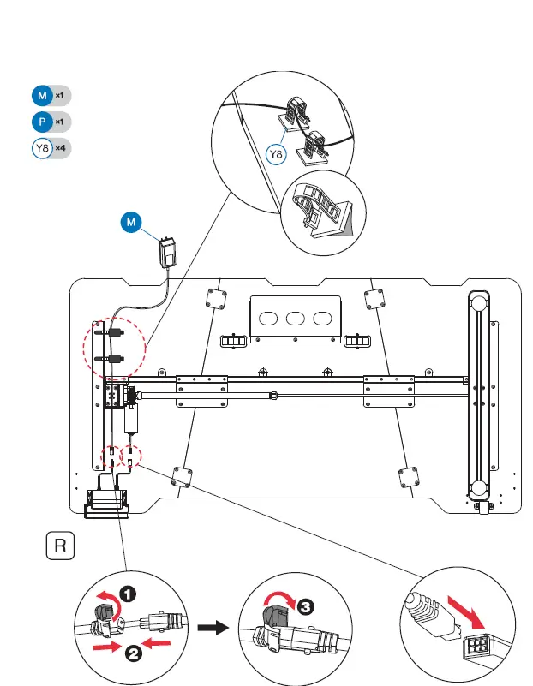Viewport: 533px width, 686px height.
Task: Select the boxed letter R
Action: point(59,546)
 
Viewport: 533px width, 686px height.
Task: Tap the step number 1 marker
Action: point(127,590)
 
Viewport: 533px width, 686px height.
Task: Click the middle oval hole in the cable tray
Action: point(296,318)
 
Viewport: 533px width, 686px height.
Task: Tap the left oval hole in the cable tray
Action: point(267,318)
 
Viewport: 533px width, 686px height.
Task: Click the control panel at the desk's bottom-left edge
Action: point(108,511)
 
